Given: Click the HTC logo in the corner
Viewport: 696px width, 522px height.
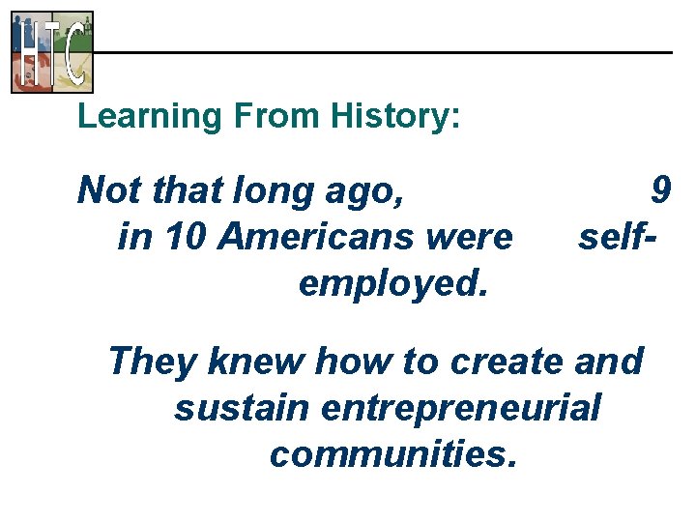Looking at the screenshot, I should click(x=52, y=51).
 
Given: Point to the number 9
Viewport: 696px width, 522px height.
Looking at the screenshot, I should click(x=660, y=190).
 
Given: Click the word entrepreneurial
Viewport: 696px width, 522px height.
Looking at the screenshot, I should click(x=460, y=407).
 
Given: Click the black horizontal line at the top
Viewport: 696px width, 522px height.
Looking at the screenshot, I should click(x=387, y=51).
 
